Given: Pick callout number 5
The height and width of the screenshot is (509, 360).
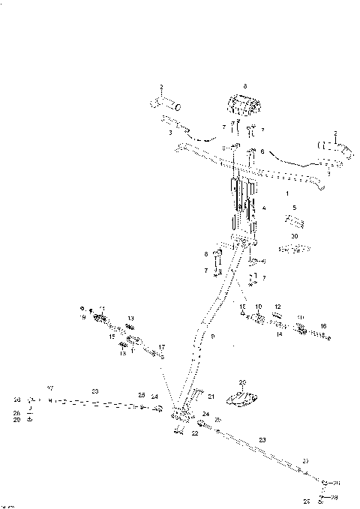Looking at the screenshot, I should coord(294,208).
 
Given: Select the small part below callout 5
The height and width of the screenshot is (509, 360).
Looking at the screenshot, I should coord(294,223).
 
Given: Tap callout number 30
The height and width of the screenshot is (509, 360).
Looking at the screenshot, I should coord(294,236).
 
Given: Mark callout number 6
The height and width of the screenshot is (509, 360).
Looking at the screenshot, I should coord(262,151).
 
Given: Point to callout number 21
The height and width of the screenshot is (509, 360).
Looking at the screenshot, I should coord(211,397).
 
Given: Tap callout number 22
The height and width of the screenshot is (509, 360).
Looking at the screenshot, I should coord(194,433).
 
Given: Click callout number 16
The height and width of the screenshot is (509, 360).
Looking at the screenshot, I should coord(323,326).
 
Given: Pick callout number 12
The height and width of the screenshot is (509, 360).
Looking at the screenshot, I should coord(277,307).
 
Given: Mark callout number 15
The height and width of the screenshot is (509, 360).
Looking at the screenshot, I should coord(112,337).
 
